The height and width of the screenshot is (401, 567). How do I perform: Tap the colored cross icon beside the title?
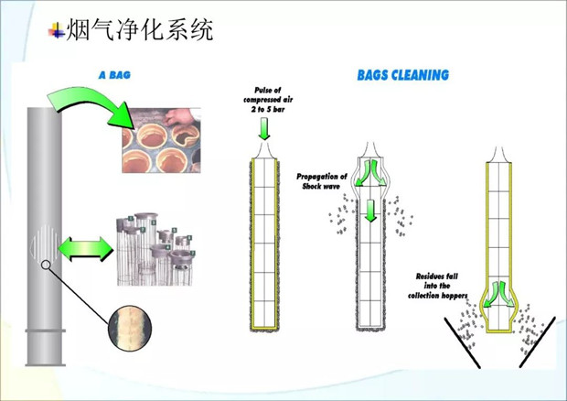[x=57, y=31]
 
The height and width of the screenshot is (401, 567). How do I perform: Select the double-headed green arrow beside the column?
[x=83, y=247]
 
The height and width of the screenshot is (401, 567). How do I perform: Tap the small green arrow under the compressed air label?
[x=265, y=132]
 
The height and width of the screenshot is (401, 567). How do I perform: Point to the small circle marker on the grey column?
[x=44, y=266]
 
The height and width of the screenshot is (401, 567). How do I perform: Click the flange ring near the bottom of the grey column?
[x=45, y=325]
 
